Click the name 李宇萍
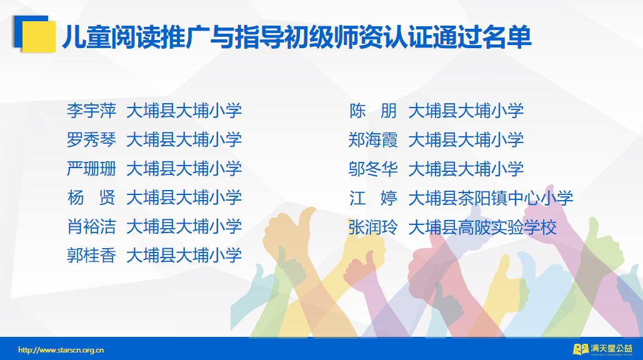(x=91, y=111)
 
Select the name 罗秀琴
(x=91, y=140)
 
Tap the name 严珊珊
(x=91, y=169)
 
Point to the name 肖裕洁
(x=91, y=227)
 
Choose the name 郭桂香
(x=91, y=256)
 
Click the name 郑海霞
(x=373, y=140)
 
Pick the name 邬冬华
(x=373, y=169)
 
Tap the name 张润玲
(x=373, y=227)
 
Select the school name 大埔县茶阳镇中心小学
(x=491, y=198)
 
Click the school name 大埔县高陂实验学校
(x=482, y=227)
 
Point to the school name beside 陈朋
(x=466, y=111)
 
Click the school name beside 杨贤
(x=184, y=197)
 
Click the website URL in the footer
(x=61, y=350)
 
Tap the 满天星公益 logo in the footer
(x=603, y=349)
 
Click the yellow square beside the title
(x=39, y=37)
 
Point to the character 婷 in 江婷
(x=389, y=198)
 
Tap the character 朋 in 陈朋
(x=389, y=111)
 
